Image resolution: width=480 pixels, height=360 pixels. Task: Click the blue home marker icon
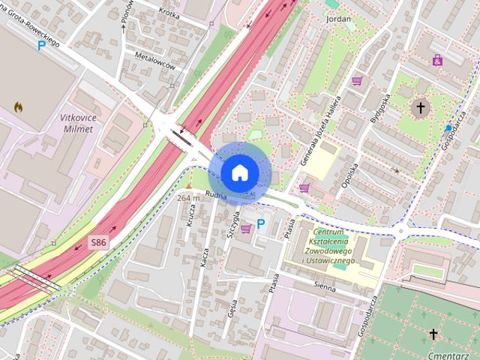(238, 172)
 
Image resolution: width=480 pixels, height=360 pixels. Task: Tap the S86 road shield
(99, 242)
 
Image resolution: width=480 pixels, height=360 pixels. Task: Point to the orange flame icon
(18, 107)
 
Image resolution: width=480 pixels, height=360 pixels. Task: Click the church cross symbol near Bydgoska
(421, 108)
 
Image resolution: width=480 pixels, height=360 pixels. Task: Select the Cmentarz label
(445, 351)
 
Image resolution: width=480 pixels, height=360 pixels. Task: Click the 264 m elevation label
(189, 198)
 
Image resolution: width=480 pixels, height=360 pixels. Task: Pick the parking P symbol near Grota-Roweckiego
(42, 46)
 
